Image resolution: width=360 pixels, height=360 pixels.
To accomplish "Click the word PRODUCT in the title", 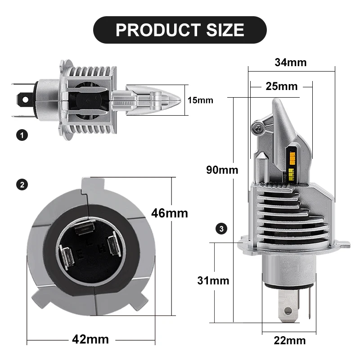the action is tap(158, 30).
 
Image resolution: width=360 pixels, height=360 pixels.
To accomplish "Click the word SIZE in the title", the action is tap(225, 30).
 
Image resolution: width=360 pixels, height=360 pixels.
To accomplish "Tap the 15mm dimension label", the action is tap(200, 100).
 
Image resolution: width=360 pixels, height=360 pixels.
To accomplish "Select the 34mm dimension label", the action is tap(291, 63).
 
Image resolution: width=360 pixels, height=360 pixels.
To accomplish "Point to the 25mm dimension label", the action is tap(282, 86).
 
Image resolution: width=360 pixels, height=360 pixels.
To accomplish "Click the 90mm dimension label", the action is tap(222, 170).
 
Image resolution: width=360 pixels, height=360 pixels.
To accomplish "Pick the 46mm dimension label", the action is tap(170, 213).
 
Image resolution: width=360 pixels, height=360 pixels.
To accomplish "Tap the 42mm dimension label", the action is tap(90, 339).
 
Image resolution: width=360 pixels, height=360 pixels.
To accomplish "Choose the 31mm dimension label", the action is tap(213, 280).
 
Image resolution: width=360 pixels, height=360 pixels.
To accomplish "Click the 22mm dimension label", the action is tap(290, 341).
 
